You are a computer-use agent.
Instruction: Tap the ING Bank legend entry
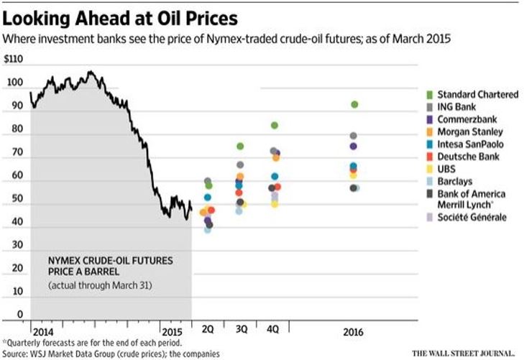coord(453,106)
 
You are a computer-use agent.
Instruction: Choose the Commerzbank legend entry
coord(460,119)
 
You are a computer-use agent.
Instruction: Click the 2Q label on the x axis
coord(208,328)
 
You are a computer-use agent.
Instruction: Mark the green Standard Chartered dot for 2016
coord(354,104)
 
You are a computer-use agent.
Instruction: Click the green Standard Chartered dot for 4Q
coord(274,125)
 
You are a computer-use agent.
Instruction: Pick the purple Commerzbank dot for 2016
coord(354,146)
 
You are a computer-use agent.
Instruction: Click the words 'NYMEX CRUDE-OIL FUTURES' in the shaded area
coord(110,259)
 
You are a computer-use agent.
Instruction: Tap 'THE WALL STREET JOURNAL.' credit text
coord(463,353)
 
